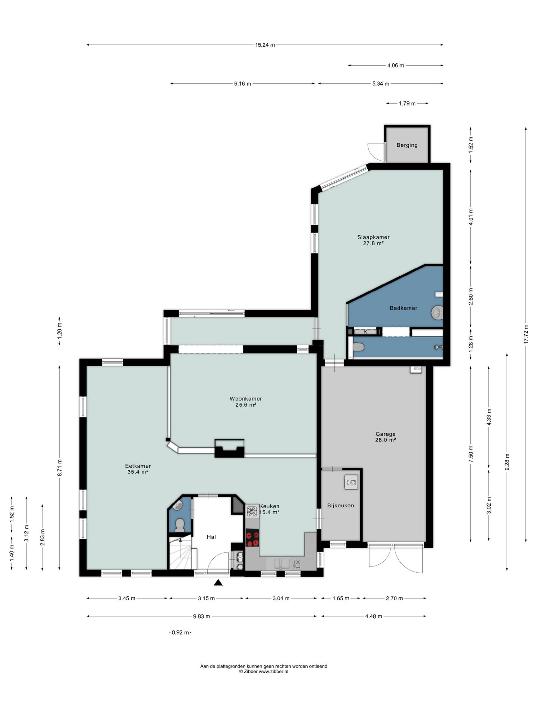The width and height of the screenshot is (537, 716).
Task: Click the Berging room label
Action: tap(407, 145)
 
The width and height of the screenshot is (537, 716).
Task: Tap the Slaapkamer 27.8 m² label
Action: tap(373, 240)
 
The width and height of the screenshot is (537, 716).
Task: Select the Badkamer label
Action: tap(403, 308)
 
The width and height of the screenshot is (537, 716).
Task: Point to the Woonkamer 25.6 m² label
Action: tap(246, 402)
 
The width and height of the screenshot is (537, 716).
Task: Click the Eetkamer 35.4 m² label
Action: tap(138, 469)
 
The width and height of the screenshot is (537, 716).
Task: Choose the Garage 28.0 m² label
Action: tap(386, 437)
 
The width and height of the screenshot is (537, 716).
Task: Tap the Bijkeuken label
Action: tap(340, 506)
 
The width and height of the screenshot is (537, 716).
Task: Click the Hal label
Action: tap(211, 537)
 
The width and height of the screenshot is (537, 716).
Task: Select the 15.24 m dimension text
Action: tap(265, 45)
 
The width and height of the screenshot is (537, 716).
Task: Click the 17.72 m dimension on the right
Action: tap(526, 335)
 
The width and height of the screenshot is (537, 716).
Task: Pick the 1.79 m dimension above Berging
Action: tap(407, 103)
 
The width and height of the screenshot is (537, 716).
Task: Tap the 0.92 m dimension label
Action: tap(180, 632)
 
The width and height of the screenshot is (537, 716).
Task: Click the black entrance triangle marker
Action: tap(218, 582)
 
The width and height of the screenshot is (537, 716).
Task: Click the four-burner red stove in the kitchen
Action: tap(252, 538)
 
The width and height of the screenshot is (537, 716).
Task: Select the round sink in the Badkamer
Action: tap(437, 313)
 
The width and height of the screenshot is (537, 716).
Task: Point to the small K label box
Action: tap(365, 332)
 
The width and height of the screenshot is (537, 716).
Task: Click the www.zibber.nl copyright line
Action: tap(264, 672)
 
